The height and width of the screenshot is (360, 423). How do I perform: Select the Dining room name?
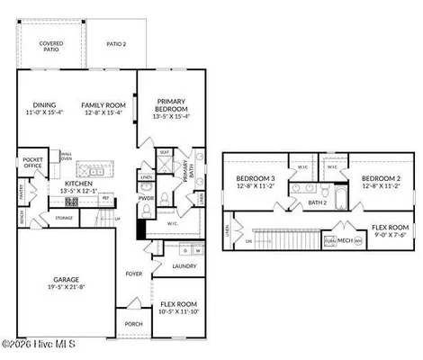point(44,104)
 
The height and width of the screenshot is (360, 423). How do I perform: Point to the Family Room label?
point(102,104)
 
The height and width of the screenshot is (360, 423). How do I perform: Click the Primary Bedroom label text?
point(170,105)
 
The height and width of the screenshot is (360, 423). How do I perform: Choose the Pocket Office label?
point(33,163)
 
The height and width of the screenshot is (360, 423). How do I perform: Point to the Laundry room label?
point(184,266)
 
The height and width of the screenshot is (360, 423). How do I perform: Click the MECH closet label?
point(344,240)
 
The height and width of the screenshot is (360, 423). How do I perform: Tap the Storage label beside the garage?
point(64,217)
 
